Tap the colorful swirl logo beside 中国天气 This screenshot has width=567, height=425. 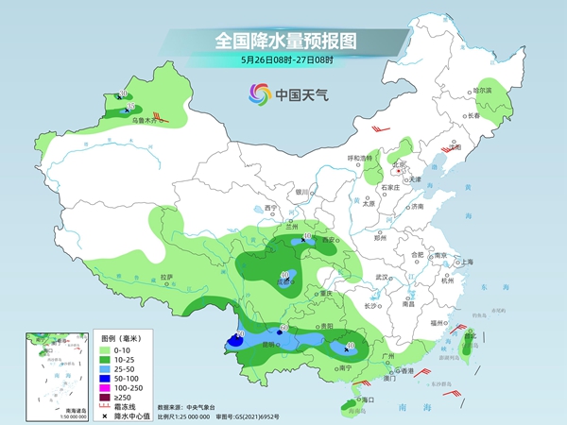(258, 93)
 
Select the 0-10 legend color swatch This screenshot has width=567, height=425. (107, 351)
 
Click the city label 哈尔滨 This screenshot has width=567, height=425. (483, 90)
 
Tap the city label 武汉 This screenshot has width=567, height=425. (383, 277)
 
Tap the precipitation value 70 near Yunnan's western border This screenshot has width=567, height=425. (240, 335)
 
